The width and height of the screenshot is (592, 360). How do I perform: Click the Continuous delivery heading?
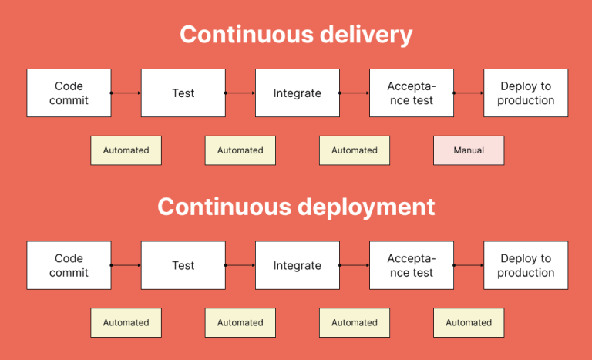296,35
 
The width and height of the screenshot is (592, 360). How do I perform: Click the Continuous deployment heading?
296,207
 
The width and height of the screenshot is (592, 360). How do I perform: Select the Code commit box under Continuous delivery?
69,93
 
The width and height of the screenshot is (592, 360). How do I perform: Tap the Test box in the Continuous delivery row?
183,93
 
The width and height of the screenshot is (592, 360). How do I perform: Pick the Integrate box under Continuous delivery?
297,93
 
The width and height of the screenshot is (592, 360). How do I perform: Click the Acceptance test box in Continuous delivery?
411,93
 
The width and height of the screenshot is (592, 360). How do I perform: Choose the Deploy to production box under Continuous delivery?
526,93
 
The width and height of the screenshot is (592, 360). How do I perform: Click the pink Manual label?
469,150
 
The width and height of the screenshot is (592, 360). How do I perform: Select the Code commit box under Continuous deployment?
69,265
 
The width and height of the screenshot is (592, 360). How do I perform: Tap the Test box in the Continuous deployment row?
183,265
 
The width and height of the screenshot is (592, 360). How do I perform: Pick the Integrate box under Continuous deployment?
297,265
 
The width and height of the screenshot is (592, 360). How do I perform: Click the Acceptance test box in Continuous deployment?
411,265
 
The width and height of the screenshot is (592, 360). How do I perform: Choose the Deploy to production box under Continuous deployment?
526,265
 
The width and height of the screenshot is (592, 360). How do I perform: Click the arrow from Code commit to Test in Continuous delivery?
126,93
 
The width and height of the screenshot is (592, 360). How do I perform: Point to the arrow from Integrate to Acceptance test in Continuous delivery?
355,93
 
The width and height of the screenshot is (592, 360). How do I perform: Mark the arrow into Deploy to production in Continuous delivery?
469,93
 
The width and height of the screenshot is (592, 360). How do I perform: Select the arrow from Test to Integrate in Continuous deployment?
240,265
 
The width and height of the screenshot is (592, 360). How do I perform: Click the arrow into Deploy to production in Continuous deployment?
469,265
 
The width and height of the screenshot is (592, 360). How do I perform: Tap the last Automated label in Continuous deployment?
469,322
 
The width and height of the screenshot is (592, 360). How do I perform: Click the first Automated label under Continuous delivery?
126,150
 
